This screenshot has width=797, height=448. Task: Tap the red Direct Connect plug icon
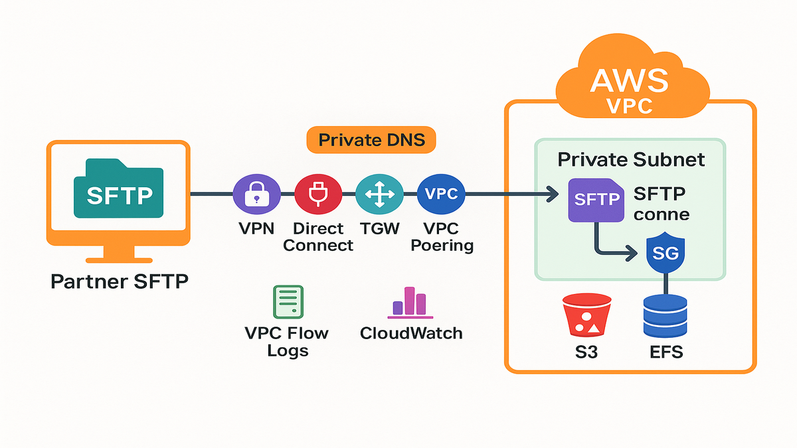click(x=317, y=194)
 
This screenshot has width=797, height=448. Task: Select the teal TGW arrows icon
click(x=379, y=194)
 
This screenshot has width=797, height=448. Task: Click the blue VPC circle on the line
click(x=441, y=194)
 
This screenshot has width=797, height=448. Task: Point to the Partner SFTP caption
click(x=119, y=281)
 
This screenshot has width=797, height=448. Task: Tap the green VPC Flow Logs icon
click(x=288, y=303)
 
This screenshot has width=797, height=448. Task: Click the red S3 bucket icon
click(x=586, y=317)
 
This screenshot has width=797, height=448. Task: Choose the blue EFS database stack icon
click(x=666, y=317)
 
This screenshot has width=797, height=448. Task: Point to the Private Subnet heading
click(x=631, y=159)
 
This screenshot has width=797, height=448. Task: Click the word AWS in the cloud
click(x=629, y=80)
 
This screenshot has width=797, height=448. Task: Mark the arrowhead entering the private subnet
click(x=551, y=194)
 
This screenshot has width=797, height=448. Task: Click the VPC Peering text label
click(x=442, y=237)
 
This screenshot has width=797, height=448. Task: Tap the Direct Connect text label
click(x=318, y=237)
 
